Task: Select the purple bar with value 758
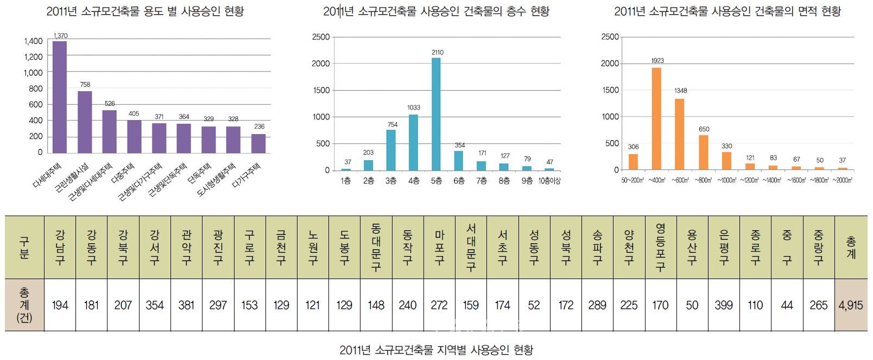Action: (85, 122)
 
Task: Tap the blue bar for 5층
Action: (436, 114)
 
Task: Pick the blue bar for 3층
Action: (391, 150)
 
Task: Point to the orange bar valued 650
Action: (703, 152)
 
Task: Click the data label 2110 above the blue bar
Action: (438, 53)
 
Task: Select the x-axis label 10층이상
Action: (549, 181)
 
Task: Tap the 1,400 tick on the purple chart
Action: (33, 41)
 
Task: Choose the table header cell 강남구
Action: (60, 248)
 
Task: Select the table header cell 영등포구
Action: (660, 248)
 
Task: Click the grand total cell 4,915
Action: (850, 305)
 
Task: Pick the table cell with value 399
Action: (723, 305)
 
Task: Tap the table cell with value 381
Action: (186, 305)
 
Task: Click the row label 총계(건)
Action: (24, 305)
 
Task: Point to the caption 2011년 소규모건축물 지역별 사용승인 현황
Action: (436, 350)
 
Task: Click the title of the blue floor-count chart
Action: (436, 11)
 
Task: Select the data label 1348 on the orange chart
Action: (680, 91)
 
